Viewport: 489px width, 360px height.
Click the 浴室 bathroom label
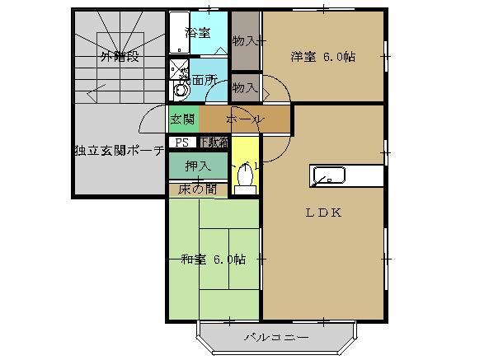[198, 33]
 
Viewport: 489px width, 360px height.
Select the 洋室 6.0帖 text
[322, 57]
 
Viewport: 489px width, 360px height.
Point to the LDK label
[323, 212]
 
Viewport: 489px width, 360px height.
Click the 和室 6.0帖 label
[213, 259]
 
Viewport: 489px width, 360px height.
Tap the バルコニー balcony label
[275, 338]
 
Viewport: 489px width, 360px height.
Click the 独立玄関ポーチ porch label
[119, 152]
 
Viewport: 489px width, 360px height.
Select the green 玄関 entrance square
[182, 119]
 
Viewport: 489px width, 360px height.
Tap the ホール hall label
[244, 119]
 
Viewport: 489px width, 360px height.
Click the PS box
[181, 142]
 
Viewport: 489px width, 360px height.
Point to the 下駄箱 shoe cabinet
[213, 142]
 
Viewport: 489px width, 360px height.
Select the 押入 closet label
[198, 166]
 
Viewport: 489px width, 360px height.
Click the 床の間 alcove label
[198, 189]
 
